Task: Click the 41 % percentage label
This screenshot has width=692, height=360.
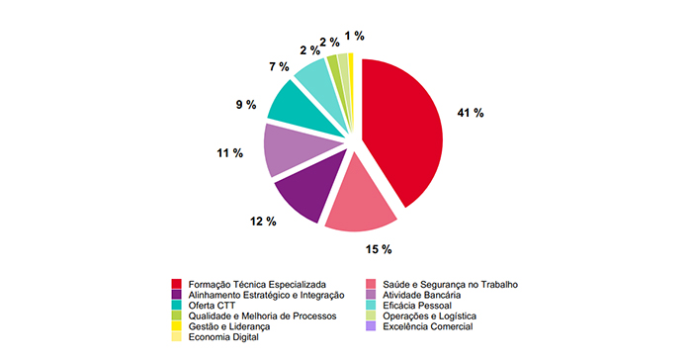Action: click(470, 114)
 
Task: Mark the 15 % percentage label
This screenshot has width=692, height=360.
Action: click(381, 248)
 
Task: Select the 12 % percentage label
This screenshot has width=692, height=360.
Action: click(263, 221)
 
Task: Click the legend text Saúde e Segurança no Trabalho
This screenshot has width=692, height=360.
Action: click(450, 285)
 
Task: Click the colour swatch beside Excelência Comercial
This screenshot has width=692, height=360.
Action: click(371, 326)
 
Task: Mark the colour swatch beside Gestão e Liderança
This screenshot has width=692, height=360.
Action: click(177, 326)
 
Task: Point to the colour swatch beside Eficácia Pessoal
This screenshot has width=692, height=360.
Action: click(371, 306)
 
